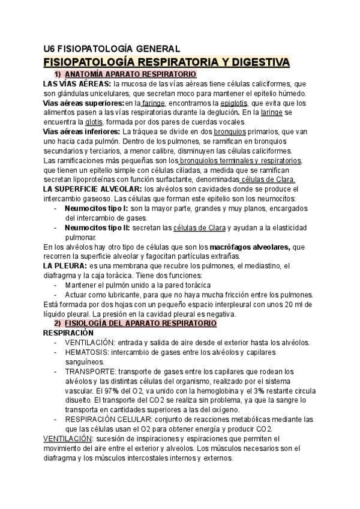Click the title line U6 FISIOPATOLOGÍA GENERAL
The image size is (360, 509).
tap(111, 49)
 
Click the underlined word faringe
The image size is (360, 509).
tap(153, 103)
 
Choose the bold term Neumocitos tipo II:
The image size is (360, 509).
tap(96, 228)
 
